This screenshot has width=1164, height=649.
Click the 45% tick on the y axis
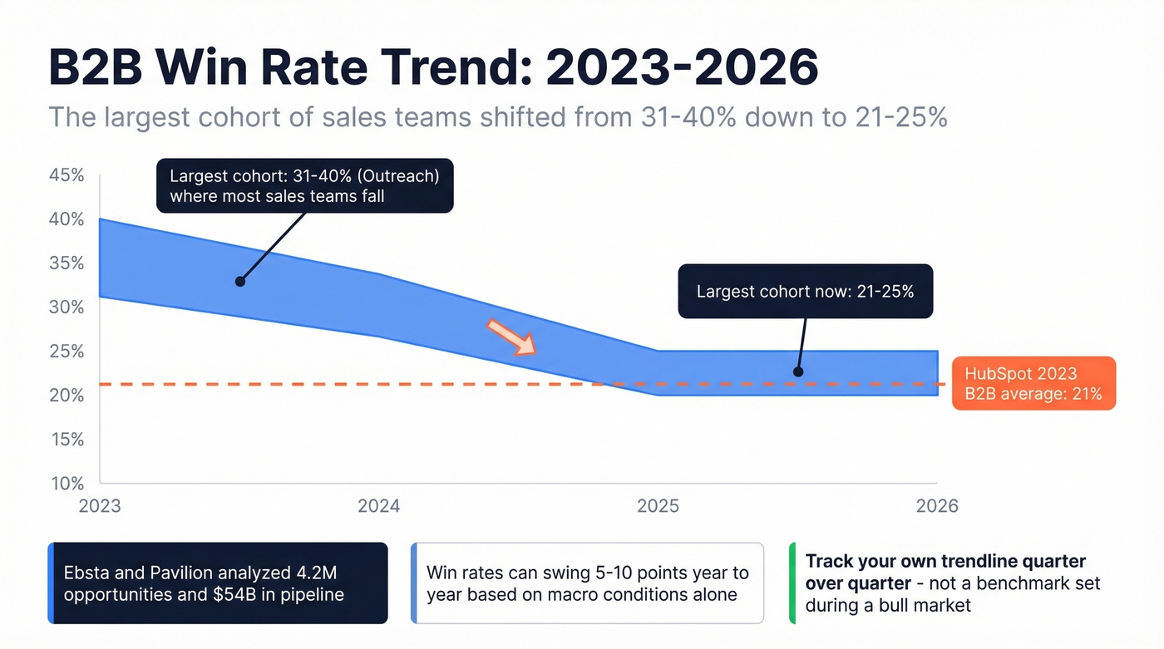click(x=67, y=175)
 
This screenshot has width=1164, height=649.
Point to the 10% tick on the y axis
click(x=67, y=484)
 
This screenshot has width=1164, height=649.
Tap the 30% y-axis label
click(x=67, y=307)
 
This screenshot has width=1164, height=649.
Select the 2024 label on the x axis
click(x=379, y=506)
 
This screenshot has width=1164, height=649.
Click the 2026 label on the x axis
click(x=937, y=506)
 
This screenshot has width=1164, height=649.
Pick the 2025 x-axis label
click(x=658, y=506)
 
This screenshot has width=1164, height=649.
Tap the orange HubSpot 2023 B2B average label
click(x=1033, y=384)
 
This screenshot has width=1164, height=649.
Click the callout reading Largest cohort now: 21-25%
click(x=805, y=292)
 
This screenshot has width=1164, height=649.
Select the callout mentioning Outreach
click(x=304, y=186)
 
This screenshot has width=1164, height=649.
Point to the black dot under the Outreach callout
click(x=239, y=282)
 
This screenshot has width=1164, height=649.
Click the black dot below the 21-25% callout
click(x=798, y=371)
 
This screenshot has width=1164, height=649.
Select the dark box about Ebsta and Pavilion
click(x=218, y=583)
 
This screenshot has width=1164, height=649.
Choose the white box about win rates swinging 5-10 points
click(x=587, y=583)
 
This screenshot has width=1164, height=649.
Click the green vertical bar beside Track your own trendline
click(x=792, y=583)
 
